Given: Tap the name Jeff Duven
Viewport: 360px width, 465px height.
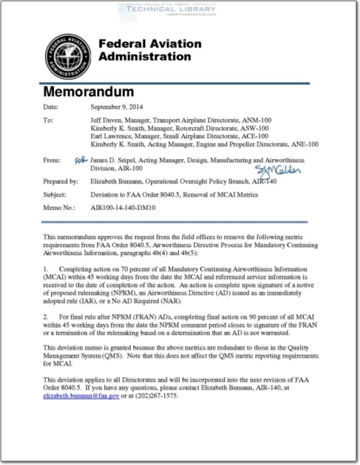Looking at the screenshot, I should pos(103,120).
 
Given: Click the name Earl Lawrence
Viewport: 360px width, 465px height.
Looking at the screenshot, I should pos(106,135).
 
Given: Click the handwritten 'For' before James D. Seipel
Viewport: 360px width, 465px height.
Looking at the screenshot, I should pos(82,158).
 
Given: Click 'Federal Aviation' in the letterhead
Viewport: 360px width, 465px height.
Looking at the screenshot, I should pos(150,44).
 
